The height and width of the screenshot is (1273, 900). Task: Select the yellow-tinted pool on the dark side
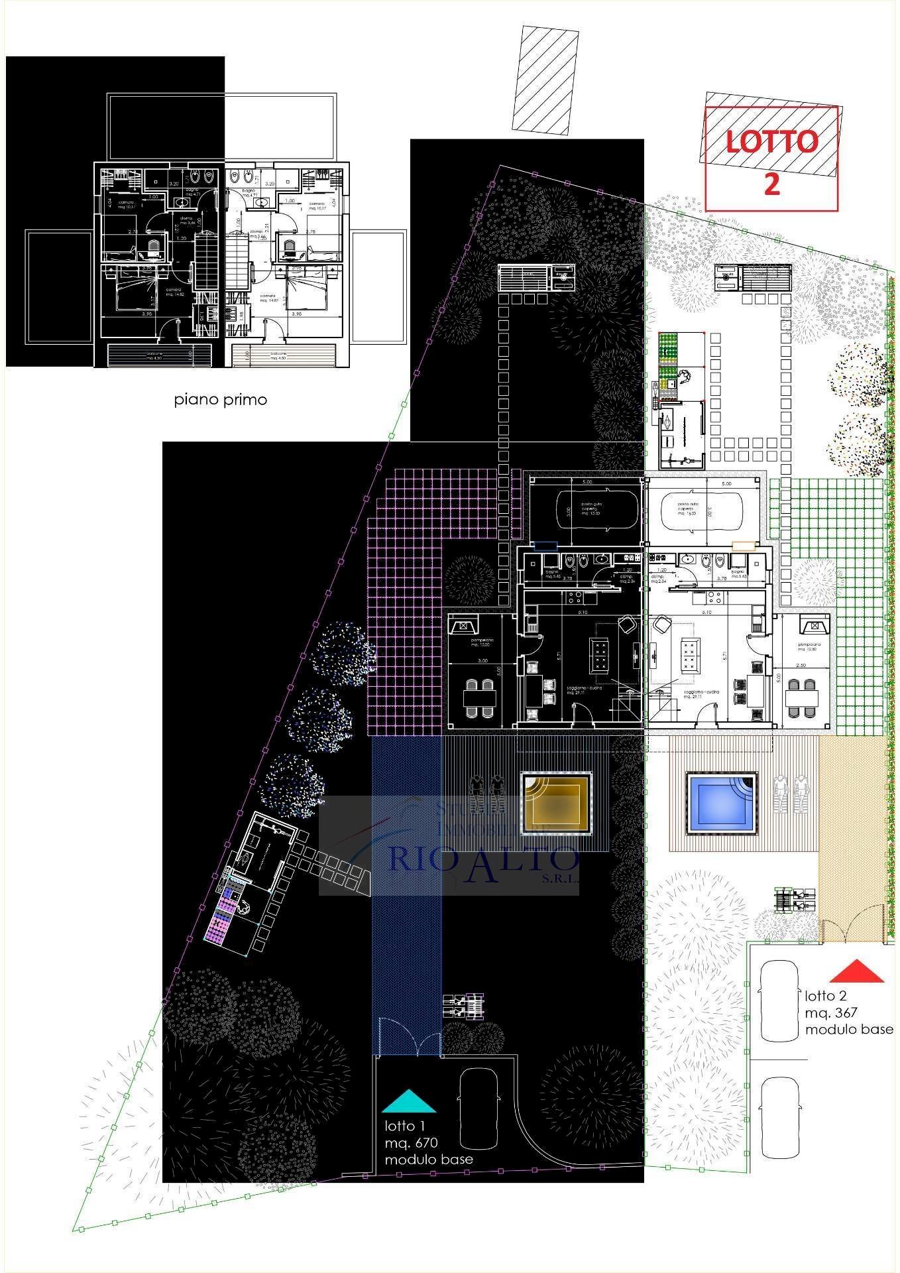coord(555,803)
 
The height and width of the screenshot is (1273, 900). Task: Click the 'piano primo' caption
coord(221,400)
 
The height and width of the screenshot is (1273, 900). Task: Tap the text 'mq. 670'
coord(412,1142)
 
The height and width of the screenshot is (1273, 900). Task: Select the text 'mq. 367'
coord(831,1012)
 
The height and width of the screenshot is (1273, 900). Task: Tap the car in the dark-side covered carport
coord(596,509)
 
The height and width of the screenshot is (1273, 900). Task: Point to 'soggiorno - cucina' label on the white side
coord(703,694)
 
